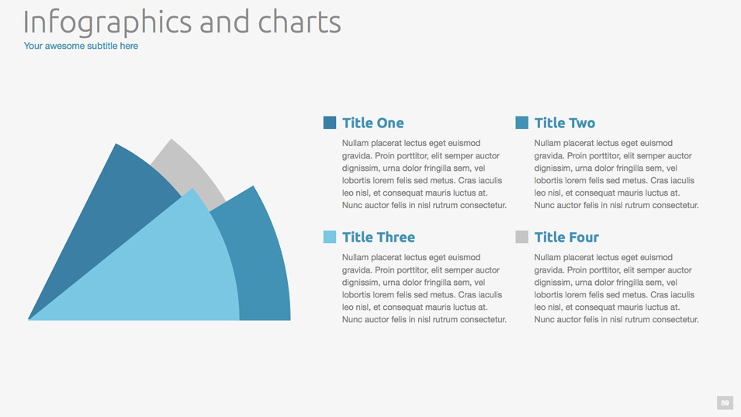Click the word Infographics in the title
(107, 23)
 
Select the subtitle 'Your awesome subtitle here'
(81, 46)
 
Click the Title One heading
(373, 123)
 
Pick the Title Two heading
(565, 123)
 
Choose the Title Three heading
(379, 238)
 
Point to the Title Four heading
(566, 238)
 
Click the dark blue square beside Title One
(330, 123)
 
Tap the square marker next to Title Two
(521, 123)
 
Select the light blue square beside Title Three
(330, 237)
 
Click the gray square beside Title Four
(521, 237)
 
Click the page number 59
(725, 403)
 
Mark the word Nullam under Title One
(355, 143)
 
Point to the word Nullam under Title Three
(355, 258)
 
